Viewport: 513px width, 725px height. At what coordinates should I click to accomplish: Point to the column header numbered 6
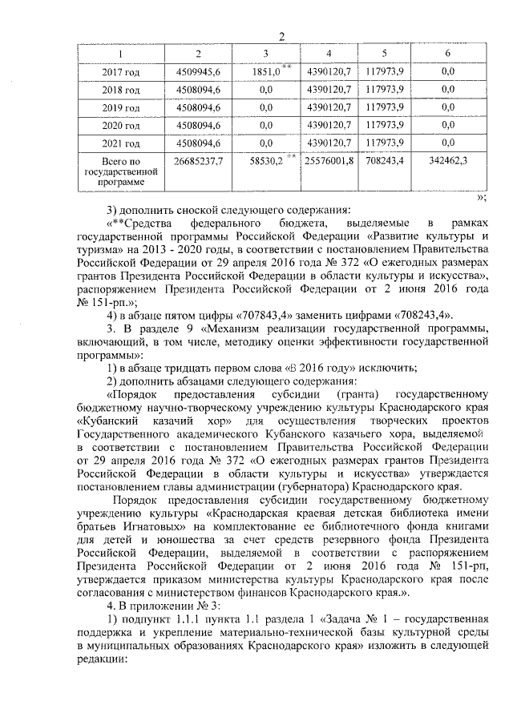(447, 54)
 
